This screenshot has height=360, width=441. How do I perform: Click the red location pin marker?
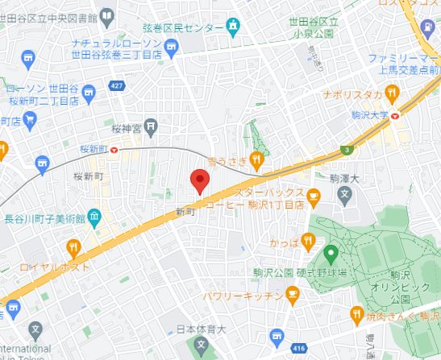tap(198, 180)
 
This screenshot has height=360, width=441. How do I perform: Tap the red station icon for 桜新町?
tap(114, 148)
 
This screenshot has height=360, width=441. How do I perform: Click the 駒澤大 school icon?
tap(344, 193)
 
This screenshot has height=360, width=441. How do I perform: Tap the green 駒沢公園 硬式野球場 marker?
tap(330, 256)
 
